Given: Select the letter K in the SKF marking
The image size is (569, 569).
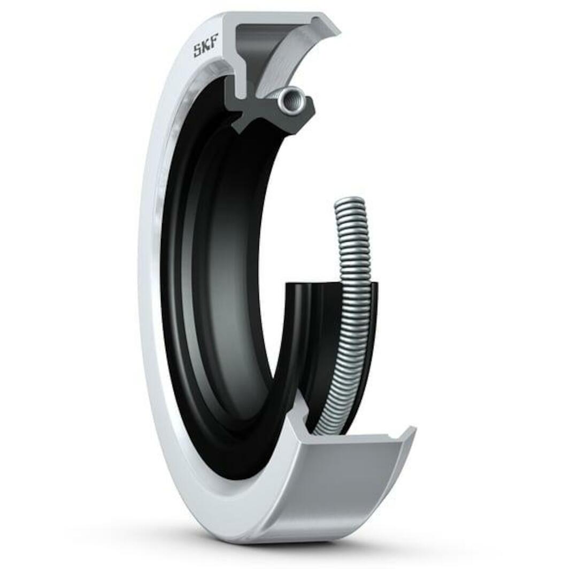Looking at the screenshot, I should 206,46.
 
